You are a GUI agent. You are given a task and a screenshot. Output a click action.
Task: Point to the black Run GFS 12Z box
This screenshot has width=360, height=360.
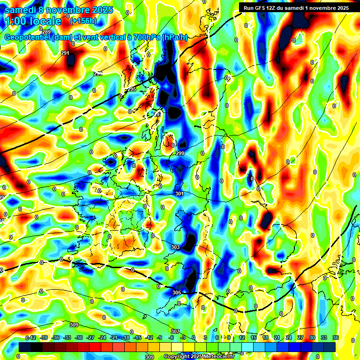(294, 7)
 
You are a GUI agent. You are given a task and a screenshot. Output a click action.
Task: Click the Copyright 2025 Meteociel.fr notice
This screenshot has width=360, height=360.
(199, 357)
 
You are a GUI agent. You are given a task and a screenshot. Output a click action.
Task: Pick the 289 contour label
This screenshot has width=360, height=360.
(46, 32)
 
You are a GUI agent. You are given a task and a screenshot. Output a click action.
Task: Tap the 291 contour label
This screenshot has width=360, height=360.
(65, 53)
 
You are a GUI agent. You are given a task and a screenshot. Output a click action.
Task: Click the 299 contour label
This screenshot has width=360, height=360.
(180, 154)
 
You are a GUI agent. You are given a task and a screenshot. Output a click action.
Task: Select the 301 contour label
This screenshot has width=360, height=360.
(179, 194)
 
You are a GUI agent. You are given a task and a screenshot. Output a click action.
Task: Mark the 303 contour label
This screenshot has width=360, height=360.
(175, 247)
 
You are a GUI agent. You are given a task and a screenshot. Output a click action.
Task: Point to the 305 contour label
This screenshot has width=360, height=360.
(176, 292)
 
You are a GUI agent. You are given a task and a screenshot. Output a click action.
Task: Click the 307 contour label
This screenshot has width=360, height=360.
(175, 331)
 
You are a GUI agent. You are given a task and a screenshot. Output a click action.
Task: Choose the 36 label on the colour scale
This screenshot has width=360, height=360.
(336, 337)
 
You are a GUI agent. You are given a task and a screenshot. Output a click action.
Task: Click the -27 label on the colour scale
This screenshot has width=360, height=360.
(91, 337)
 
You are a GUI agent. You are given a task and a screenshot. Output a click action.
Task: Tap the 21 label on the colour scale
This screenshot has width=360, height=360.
(277, 337)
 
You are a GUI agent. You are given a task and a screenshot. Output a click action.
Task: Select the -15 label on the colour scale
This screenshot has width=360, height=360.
(137, 337)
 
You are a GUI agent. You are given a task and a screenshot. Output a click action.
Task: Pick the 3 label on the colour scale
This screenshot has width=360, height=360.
(205, 337)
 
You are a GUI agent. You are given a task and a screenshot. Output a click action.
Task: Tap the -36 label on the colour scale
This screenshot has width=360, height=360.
(56, 337)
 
